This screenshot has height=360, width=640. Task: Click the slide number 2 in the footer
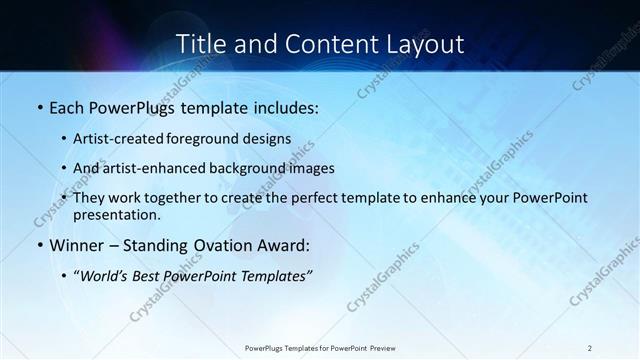tap(590, 348)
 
